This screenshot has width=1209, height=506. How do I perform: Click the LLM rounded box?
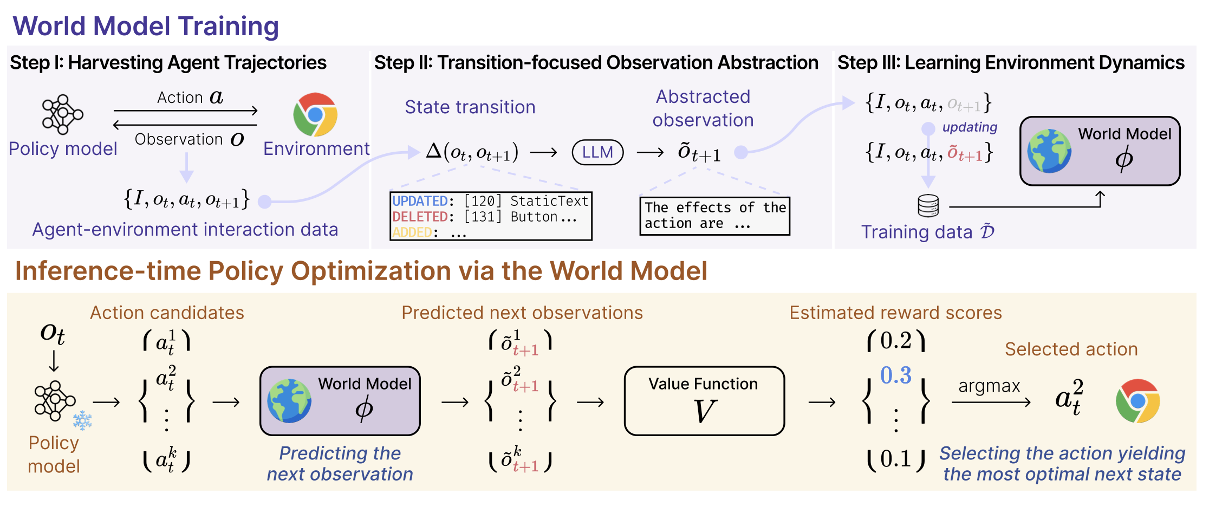pyautogui.click(x=597, y=152)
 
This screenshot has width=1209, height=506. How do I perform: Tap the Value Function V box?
pyautogui.click(x=704, y=401)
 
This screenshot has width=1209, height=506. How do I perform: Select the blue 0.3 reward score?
pyautogui.click(x=896, y=375)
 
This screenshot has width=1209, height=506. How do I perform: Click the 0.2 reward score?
pyautogui.click(x=896, y=341)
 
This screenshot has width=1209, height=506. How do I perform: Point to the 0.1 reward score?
pyautogui.click(x=896, y=459)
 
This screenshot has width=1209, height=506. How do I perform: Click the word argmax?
pyautogui.click(x=989, y=386)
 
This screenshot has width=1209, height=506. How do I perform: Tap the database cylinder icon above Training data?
pyautogui.click(x=928, y=206)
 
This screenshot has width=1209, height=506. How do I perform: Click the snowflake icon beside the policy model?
pyautogui.click(x=82, y=420)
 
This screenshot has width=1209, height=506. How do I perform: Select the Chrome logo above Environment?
pyautogui.click(x=315, y=114)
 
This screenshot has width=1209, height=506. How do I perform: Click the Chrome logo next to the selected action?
pyautogui.click(x=1137, y=401)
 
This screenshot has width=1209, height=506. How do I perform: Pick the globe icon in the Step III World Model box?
pyautogui.click(x=1049, y=151)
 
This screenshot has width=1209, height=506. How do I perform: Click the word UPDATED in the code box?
pyautogui.click(x=420, y=201)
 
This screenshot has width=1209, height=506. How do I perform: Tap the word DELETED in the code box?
pyautogui.click(x=420, y=217)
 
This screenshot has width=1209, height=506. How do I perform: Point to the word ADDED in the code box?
pyautogui.click(x=412, y=232)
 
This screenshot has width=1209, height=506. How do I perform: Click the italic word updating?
pyautogui.click(x=970, y=127)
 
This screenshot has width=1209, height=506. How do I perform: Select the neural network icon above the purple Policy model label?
pyautogui.click(x=63, y=114)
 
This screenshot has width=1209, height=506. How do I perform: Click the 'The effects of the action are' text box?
pyautogui.click(x=715, y=216)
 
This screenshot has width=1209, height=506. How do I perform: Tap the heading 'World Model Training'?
pyautogui.click(x=146, y=26)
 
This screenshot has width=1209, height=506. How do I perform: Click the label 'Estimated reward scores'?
pyautogui.click(x=895, y=313)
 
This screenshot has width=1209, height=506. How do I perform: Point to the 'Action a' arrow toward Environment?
pyautogui.click(x=185, y=111)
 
